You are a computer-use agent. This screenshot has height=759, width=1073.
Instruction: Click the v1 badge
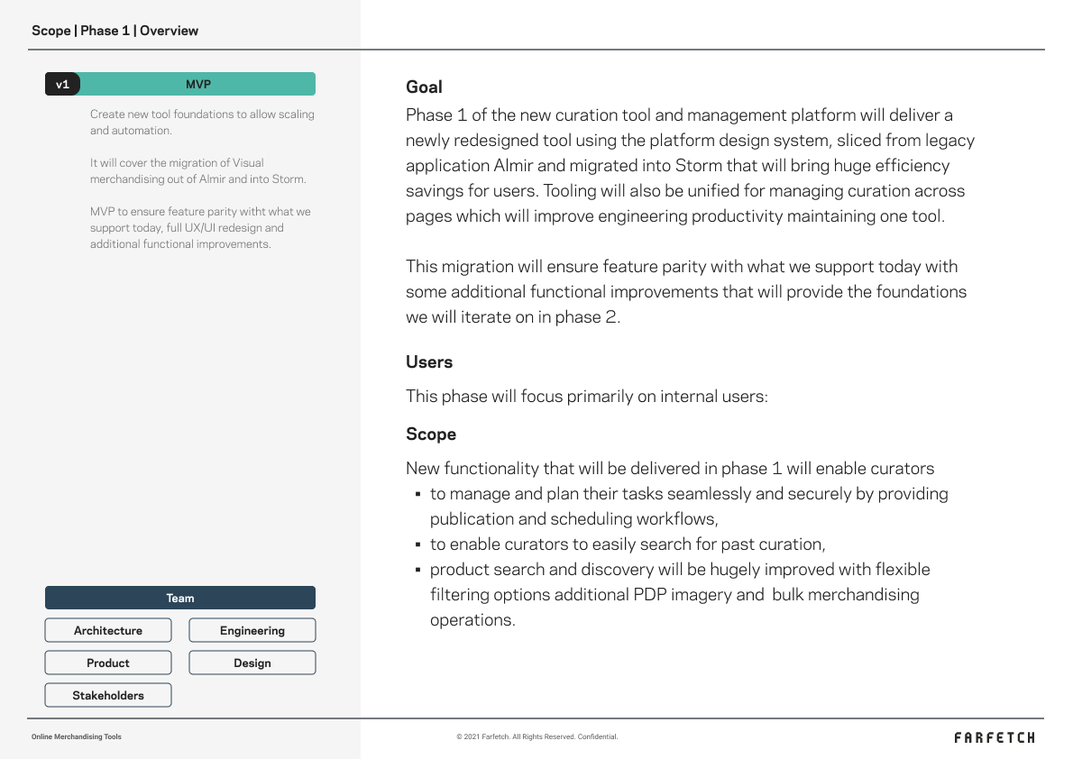click(x=62, y=85)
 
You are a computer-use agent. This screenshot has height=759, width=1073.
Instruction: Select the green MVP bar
click(x=198, y=85)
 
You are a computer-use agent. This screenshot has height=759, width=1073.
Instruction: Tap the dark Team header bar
click(x=180, y=599)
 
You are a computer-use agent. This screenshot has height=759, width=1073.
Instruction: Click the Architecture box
click(x=108, y=631)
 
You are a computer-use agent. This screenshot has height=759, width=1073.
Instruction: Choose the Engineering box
click(x=252, y=631)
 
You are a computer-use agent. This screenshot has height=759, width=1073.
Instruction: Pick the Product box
click(x=108, y=663)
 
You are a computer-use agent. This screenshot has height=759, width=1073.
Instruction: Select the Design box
click(x=252, y=663)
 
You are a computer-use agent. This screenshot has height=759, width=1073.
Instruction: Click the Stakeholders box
click(x=108, y=696)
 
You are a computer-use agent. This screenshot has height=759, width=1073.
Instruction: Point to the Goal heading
click(x=424, y=87)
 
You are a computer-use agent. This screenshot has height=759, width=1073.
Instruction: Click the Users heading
click(x=429, y=362)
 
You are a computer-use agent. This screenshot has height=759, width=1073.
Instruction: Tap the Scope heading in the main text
click(x=431, y=434)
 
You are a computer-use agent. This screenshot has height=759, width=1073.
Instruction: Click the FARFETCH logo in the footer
click(x=995, y=737)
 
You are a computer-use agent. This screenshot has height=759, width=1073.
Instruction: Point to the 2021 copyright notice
click(x=537, y=737)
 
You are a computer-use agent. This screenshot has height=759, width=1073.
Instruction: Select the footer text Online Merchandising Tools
click(x=77, y=737)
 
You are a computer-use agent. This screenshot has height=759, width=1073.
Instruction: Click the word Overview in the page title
click(x=169, y=31)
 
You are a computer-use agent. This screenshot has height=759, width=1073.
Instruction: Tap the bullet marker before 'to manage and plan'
click(x=418, y=495)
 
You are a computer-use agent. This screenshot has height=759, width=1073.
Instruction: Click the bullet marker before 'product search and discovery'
click(x=418, y=571)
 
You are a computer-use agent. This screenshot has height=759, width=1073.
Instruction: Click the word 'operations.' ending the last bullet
click(x=472, y=620)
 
